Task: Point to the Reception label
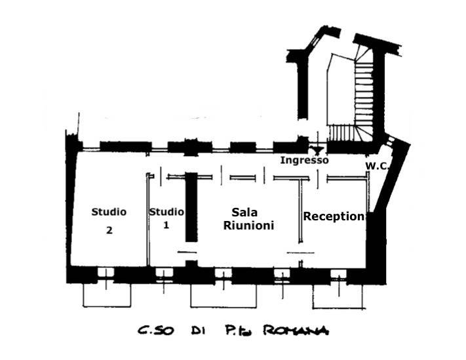click(333, 216)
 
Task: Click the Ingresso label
click(304, 160)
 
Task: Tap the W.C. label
click(378, 165)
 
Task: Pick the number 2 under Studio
click(109, 230)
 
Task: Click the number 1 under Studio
click(166, 225)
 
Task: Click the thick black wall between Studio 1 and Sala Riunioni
click(191, 207)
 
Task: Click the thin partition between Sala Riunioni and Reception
click(301, 216)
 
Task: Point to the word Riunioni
click(248, 226)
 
